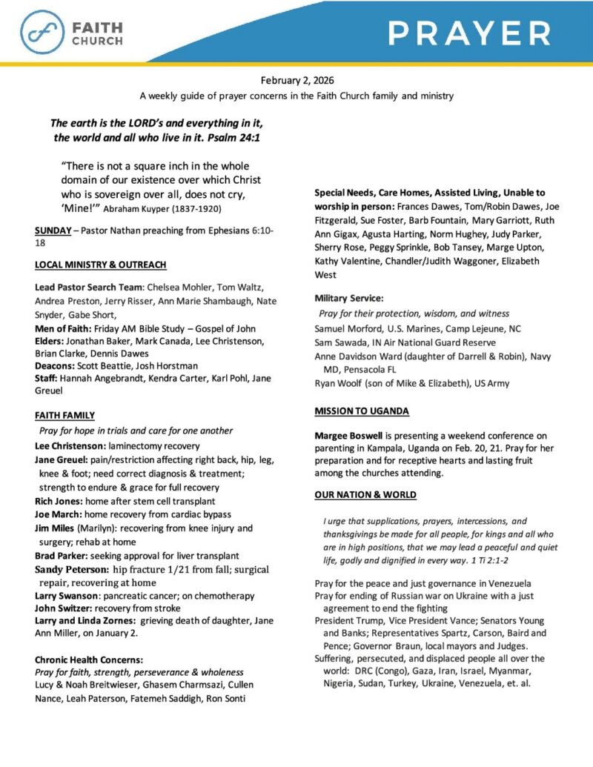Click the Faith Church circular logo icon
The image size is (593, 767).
(x=42, y=32)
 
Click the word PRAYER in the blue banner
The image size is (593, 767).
(x=469, y=33)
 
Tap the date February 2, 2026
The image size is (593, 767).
(x=296, y=81)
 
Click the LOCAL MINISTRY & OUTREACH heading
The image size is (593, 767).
(x=100, y=265)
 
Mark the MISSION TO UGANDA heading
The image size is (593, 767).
(x=362, y=411)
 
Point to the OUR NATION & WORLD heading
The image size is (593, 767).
(x=365, y=494)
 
